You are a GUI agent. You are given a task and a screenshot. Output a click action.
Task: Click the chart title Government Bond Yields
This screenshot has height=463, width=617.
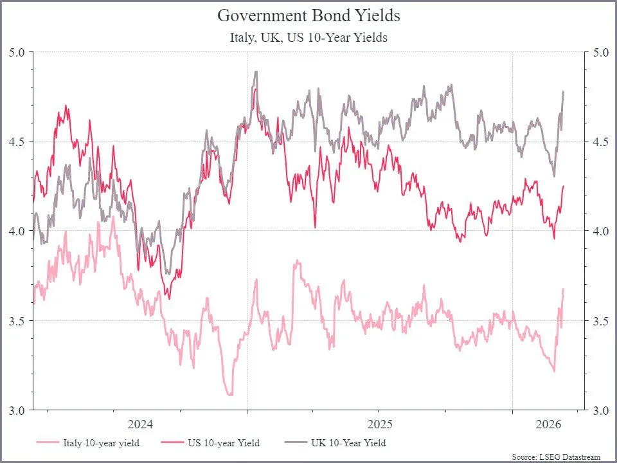tap(308, 15)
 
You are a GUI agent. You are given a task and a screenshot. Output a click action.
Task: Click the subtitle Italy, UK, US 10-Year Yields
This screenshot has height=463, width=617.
tap(308, 37)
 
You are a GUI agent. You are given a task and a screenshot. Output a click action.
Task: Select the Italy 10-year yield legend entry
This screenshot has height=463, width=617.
tap(88, 443)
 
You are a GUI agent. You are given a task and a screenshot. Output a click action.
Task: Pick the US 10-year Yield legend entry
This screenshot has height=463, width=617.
tap(211, 443)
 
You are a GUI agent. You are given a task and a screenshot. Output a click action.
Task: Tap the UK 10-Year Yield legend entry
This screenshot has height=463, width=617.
tap(335, 443)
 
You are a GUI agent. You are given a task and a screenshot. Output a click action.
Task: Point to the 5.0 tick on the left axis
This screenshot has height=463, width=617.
tap(17, 52)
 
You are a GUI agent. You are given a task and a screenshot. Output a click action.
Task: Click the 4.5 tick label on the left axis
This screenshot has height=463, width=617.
tap(17, 141)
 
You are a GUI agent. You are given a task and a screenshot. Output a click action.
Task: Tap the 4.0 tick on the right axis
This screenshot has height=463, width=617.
tap(600, 231)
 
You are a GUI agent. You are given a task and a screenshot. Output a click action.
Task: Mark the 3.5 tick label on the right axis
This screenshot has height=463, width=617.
tap(600, 321)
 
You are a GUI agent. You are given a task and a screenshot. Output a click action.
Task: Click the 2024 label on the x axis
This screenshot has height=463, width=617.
tap(141, 425)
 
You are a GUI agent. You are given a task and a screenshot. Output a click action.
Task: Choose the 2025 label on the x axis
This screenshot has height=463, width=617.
tap(380, 425)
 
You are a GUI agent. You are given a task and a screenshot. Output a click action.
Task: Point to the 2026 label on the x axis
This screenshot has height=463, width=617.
tap(548, 425)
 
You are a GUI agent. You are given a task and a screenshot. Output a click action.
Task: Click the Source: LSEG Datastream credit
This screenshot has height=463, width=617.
tap(556, 457)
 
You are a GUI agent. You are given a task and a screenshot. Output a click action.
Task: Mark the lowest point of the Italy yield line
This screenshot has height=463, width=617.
tap(230, 395)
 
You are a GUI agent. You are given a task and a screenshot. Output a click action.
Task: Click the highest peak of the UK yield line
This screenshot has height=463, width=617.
tap(256, 71)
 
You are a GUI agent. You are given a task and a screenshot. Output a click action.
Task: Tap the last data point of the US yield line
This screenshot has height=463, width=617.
tap(564, 186)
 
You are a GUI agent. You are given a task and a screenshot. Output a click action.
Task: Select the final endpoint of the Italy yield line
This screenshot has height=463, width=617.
tap(564, 289)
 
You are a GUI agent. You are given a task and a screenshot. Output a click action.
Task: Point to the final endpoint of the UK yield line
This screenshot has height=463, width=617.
tap(564, 91)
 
